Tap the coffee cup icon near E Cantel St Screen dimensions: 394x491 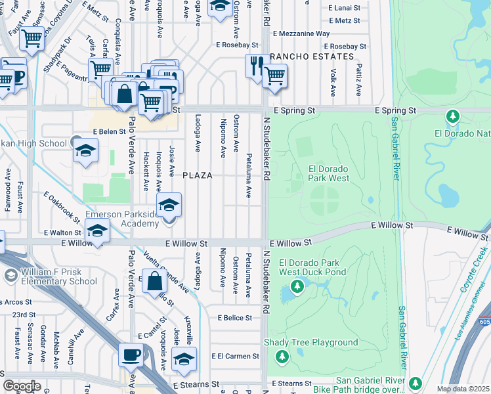[131, 355]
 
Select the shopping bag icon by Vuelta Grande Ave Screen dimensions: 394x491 [154, 282]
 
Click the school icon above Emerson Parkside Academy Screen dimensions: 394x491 [169, 205]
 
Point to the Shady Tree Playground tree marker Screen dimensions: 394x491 [282, 356]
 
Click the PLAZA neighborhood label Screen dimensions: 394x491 [197, 175]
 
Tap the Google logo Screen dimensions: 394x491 [22, 386]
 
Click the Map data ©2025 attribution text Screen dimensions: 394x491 [463, 389]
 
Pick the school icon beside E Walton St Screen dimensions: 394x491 [97, 232]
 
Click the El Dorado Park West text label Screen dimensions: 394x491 [328, 173]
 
